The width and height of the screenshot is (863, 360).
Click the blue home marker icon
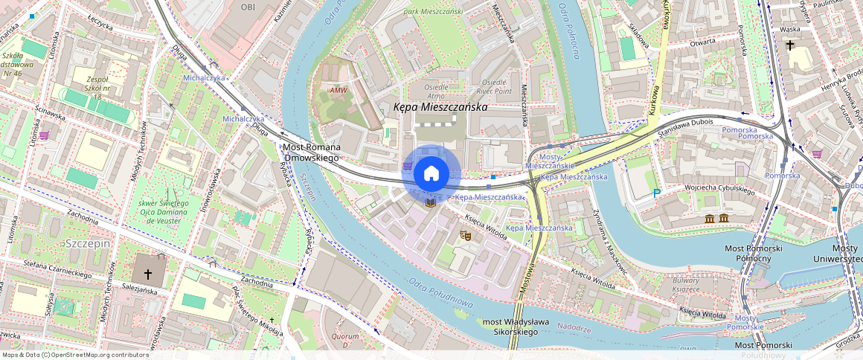(431, 174)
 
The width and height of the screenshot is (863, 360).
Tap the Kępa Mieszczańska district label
(440, 107)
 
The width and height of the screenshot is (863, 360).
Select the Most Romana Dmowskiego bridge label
(311, 152)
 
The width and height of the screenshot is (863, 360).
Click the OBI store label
(248, 7)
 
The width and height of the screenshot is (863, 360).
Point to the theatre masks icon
(466, 235)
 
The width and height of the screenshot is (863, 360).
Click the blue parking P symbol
(657, 193)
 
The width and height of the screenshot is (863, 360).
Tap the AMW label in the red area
(339, 91)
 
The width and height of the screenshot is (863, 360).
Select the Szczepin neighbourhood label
(87, 244)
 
